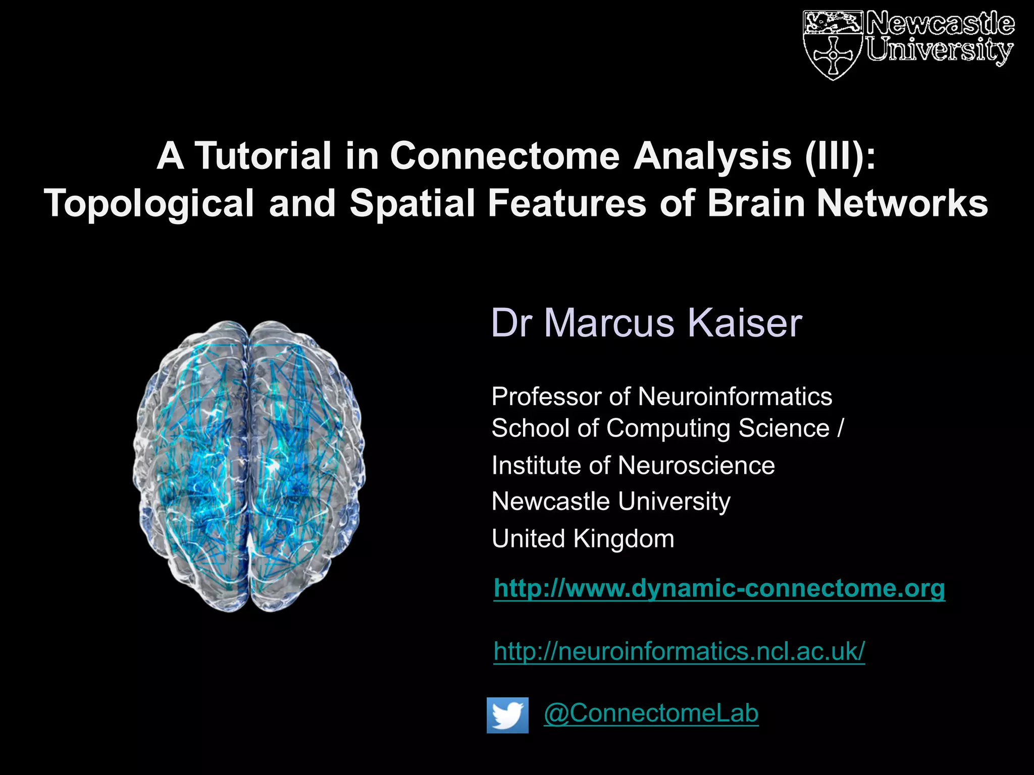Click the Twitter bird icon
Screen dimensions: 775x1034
507,715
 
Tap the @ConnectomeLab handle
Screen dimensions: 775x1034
651,713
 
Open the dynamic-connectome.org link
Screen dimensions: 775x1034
719,588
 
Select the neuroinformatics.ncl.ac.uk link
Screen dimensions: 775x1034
679,651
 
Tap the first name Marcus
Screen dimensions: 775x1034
609,323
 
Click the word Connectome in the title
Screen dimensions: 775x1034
504,156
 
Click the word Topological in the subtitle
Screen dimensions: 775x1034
149,203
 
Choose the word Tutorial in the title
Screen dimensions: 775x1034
263,156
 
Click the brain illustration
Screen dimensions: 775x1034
249,466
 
